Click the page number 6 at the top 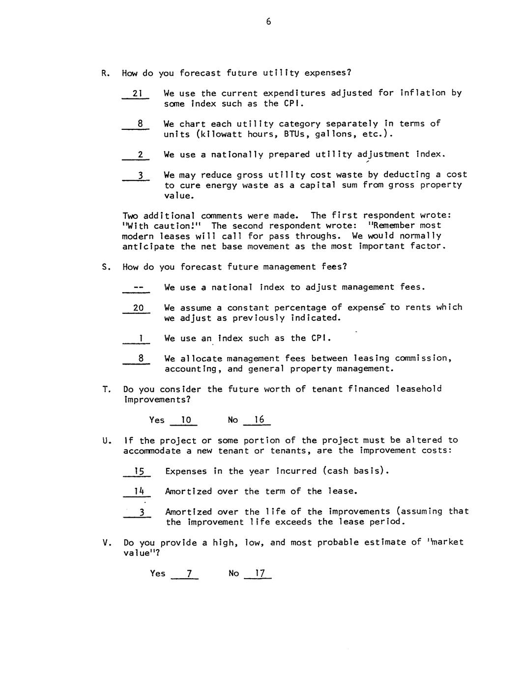pos(268,22)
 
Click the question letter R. pos(105,73)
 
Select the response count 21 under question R pos(137,93)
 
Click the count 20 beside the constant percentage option pos(138,308)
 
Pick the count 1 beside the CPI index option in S pos(141,339)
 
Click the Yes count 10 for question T pos(186,420)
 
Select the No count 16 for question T pos(259,420)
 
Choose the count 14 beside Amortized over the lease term pos(139,492)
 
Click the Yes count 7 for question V pos(188,574)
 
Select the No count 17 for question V pos(260,574)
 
